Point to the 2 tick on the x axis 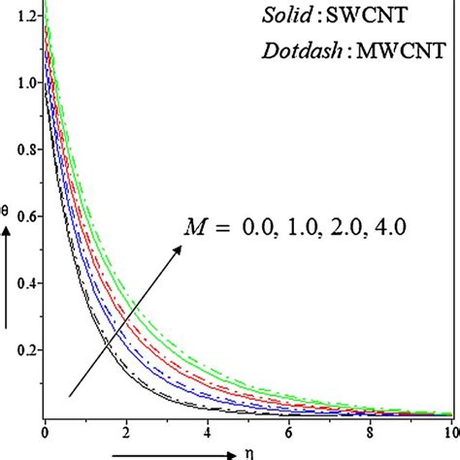[x=125, y=428]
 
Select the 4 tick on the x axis [x=206, y=428]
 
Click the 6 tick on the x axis [x=287, y=428]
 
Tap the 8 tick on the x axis [x=369, y=428]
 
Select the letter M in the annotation [x=196, y=227]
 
